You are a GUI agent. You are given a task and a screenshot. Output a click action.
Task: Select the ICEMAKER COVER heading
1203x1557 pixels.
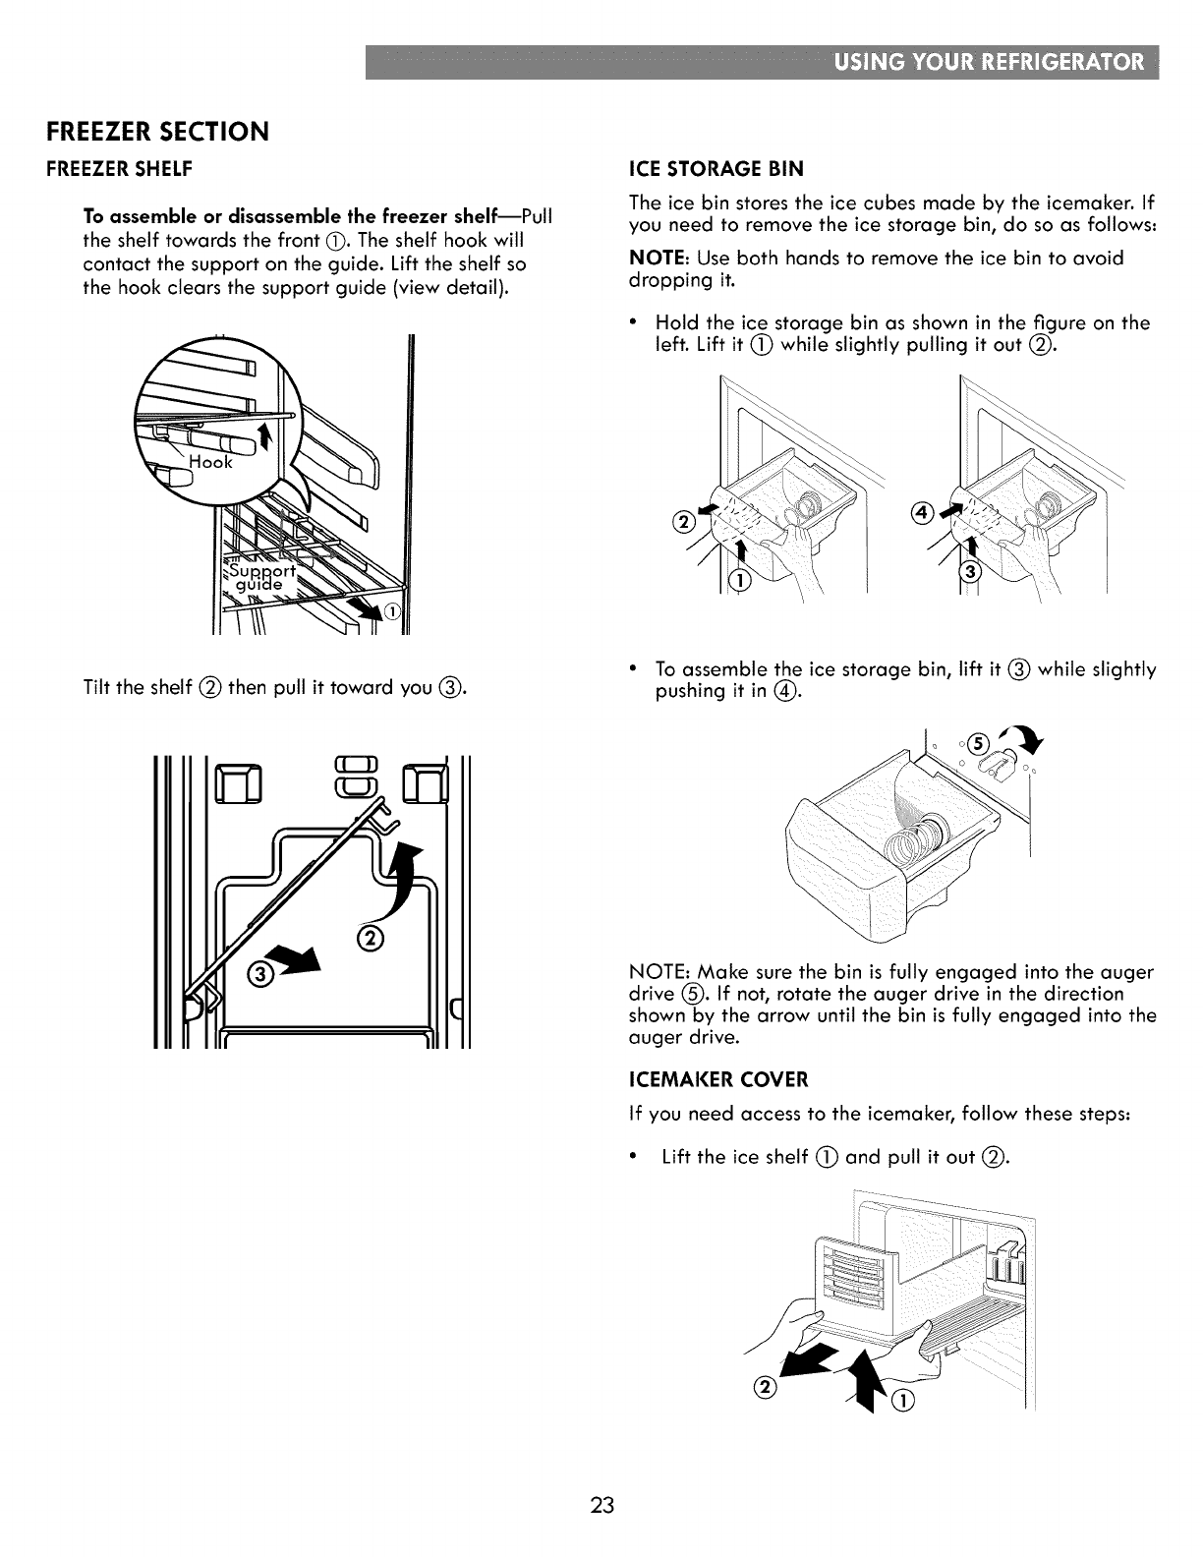coord(717,1079)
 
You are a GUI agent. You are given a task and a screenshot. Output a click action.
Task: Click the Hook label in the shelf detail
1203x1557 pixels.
coord(211,462)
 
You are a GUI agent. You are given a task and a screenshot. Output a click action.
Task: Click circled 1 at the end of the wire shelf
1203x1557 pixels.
coord(391,613)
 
